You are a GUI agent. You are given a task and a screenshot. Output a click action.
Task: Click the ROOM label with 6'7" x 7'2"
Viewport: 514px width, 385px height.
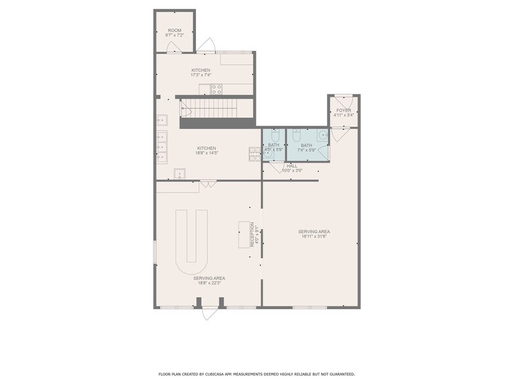coord(174,30)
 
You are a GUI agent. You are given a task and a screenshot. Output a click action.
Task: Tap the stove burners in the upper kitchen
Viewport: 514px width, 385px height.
coord(216,89)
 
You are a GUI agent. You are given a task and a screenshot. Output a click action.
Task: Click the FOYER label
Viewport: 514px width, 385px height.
coord(344,110)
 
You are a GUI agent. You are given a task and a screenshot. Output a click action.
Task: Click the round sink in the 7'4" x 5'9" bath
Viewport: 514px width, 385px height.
coord(322,136)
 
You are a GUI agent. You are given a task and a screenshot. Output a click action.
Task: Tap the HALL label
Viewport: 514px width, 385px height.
coord(292,166)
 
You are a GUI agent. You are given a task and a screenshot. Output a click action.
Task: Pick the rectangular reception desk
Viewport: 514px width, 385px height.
coord(243,234)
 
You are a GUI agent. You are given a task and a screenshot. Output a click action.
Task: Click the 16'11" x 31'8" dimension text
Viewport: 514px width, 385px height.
coord(314,237)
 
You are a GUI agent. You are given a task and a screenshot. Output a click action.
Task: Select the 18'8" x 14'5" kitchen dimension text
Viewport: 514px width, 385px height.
coord(207,153)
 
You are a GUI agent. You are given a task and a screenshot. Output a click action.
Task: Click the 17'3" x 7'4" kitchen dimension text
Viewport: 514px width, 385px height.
coord(201,75)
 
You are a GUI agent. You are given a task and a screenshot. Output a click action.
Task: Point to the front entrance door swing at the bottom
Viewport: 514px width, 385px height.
coord(209,312)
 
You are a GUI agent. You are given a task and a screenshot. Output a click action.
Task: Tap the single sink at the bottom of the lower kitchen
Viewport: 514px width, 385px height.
coord(180,174)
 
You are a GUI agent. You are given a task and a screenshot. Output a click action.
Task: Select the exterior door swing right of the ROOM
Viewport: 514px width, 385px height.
coord(207,46)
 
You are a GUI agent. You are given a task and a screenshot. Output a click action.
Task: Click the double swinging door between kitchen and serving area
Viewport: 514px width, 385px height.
coord(208,185)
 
